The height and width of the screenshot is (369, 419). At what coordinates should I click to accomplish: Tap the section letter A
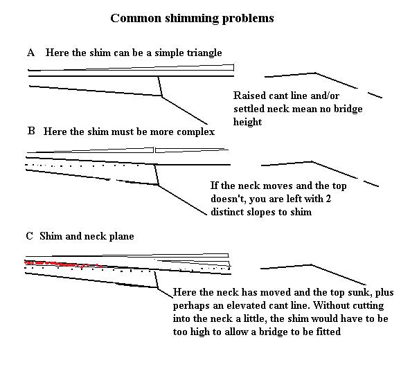(30, 53)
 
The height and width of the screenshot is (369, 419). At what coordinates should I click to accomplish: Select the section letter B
(31, 131)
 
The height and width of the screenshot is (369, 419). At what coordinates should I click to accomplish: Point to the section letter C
(30, 236)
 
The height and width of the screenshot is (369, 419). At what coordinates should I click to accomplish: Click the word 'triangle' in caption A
(202, 53)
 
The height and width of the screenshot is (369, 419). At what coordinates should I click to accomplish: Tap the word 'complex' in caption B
(197, 131)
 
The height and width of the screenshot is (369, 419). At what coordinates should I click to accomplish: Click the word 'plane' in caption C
(121, 236)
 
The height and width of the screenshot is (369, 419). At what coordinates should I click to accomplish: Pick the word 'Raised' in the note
(248, 96)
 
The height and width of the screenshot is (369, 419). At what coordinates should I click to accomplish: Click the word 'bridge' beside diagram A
(348, 109)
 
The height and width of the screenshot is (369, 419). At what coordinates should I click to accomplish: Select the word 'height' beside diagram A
(248, 122)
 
